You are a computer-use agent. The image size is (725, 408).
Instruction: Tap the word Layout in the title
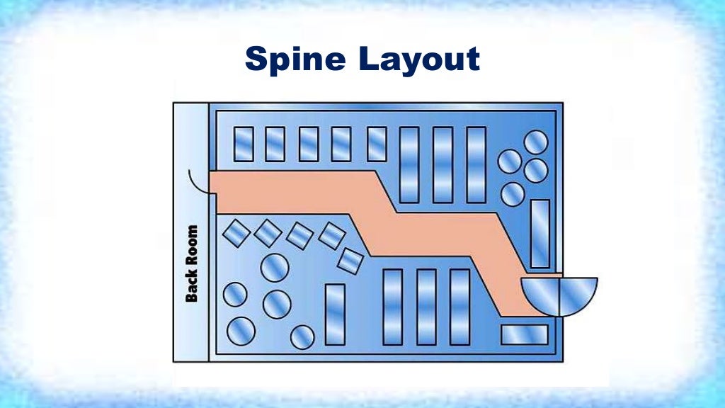[419, 61]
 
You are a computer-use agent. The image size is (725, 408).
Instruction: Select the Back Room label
[191, 263]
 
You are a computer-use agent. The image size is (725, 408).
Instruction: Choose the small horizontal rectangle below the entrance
[525, 334]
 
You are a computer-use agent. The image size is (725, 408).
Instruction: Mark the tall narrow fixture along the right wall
[540, 234]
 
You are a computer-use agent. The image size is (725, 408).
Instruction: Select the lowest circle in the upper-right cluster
[513, 193]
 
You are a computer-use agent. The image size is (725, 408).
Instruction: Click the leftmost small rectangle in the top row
[244, 144]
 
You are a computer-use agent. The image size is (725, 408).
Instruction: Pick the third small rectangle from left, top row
[309, 144]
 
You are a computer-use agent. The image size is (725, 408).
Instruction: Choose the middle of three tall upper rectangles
[443, 165]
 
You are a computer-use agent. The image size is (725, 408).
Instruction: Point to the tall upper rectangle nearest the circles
[476, 165]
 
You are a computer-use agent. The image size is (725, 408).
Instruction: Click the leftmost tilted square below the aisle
[236, 233]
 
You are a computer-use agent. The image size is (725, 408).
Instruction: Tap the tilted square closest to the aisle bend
[350, 260]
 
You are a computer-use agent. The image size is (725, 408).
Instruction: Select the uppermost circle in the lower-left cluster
[274, 268]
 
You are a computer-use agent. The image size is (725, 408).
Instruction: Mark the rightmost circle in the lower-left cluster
[302, 336]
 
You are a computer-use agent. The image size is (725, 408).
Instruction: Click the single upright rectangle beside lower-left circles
[335, 314]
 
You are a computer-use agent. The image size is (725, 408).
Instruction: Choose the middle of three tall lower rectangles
[426, 307]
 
